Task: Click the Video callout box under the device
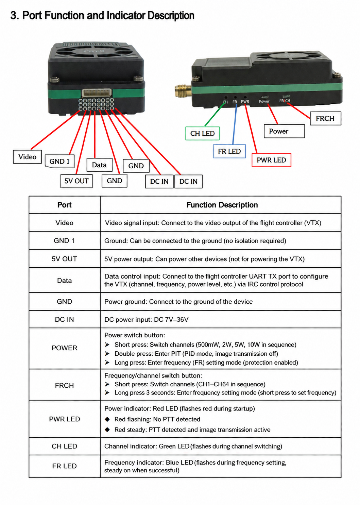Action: [x=27, y=156]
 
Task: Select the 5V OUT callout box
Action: [x=76, y=181]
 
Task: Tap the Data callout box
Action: [x=99, y=165]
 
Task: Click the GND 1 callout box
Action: [x=59, y=161]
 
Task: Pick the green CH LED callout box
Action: [x=202, y=133]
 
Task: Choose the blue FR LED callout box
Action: [x=229, y=151]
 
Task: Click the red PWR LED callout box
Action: [x=271, y=160]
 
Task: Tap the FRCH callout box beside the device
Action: [x=325, y=118]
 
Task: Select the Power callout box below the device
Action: [x=284, y=131]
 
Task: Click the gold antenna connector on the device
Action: [x=183, y=90]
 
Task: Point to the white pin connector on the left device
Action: [x=97, y=92]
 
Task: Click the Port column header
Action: [x=64, y=205]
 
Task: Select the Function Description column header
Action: [x=222, y=205]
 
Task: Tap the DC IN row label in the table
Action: [x=64, y=319]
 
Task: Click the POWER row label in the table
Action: [x=64, y=348]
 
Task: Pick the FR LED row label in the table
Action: [x=64, y=466]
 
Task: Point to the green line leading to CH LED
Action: [x=215, y=114]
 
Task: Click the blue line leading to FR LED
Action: [x=235, y=124]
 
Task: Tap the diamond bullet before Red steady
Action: [x=107, y=430]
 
